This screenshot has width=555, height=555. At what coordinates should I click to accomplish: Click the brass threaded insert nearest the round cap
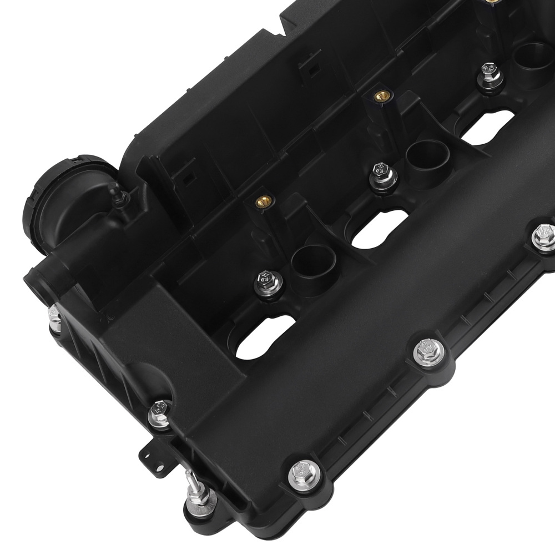click(261, 200)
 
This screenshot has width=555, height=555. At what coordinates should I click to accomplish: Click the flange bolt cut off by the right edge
click(544, 236)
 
